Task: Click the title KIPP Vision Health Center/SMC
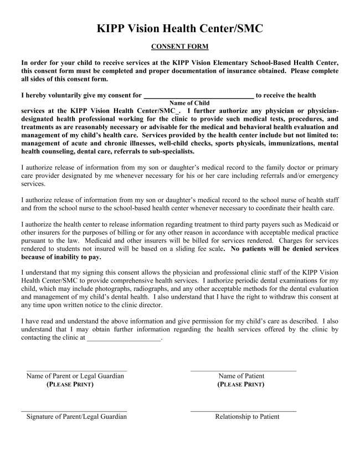point(180,28)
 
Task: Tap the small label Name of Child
point(189,103)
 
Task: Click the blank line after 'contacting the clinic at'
point(124,339)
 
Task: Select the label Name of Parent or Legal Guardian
point(75,376)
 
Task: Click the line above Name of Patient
point(243,370)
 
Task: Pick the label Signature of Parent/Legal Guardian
point(76,417)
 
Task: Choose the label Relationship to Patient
point(247,417)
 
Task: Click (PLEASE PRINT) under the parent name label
point(70,385)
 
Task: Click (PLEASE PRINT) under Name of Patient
point(241,385)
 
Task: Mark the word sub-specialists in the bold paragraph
point(166,151)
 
